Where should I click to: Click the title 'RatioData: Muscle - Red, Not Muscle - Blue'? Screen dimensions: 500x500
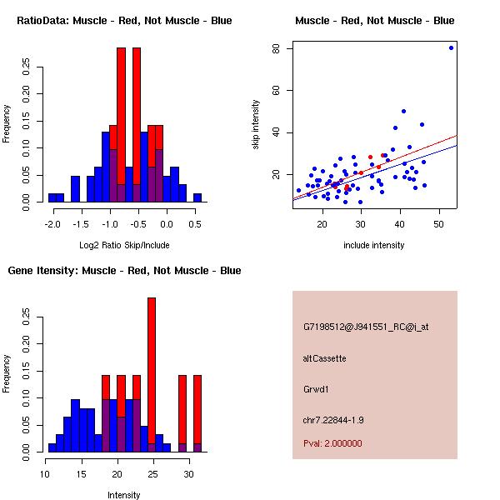[x=124, y=20]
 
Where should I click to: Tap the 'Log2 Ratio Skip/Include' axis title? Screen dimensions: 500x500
[x=124, y=245]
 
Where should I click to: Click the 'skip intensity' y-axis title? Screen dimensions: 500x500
[x=256, y=125]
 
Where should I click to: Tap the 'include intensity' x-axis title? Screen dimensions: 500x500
[x=374, y=245]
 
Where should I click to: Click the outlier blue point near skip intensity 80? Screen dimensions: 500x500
[x=451, y=47]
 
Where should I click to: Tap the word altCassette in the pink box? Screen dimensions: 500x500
[x=325, y=358]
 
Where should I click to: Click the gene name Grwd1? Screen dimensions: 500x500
[x=316, y=388]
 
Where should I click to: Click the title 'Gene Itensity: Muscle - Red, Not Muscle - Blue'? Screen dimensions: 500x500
[x=124, y=270]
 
